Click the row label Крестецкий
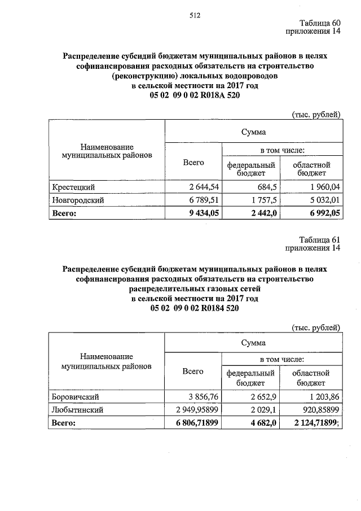click(73, 187)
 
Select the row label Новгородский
click(78, 200)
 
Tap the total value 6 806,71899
click(193, 423)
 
